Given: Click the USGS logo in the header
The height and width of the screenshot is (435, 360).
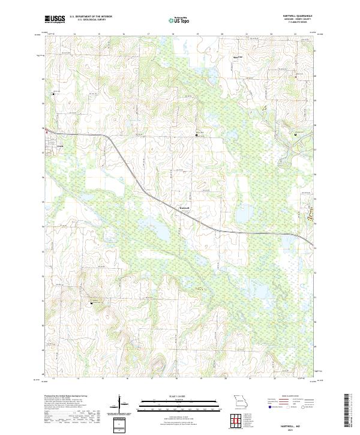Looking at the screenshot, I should (55, 20).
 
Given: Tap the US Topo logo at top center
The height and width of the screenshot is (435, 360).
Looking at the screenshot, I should (178, 20).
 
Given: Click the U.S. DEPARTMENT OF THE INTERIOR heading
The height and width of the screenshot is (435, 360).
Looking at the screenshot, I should (91, 17).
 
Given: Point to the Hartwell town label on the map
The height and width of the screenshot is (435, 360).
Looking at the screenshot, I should (185, 208).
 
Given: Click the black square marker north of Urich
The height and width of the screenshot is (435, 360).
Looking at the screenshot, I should (53, 94).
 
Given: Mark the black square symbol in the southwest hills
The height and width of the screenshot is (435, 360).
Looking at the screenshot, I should (92, 303).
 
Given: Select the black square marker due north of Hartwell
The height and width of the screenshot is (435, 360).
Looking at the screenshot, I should (196, 137).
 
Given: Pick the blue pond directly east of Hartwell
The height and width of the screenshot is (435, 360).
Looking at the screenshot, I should (242, 213).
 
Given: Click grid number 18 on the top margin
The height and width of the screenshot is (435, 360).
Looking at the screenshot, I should (173, 34).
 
